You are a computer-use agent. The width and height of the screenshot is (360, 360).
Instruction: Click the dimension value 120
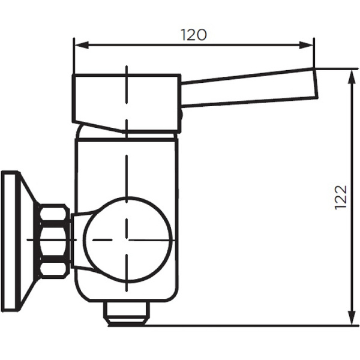tap(193, 34)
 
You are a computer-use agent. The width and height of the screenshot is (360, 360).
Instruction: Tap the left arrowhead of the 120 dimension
tap(78, 44)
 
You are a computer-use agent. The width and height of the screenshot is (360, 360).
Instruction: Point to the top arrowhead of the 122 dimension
tap(350, 74)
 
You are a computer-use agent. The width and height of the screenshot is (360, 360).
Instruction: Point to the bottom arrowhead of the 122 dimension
tap(350, 321)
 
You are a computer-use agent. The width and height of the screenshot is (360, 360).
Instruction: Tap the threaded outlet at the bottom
tap(127, 312)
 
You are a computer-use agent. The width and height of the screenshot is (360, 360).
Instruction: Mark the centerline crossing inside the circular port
tap(127, 239)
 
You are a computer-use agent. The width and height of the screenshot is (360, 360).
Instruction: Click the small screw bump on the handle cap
tap(182, 112)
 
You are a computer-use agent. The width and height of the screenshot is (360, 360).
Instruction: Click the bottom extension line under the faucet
tap(240, 326)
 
